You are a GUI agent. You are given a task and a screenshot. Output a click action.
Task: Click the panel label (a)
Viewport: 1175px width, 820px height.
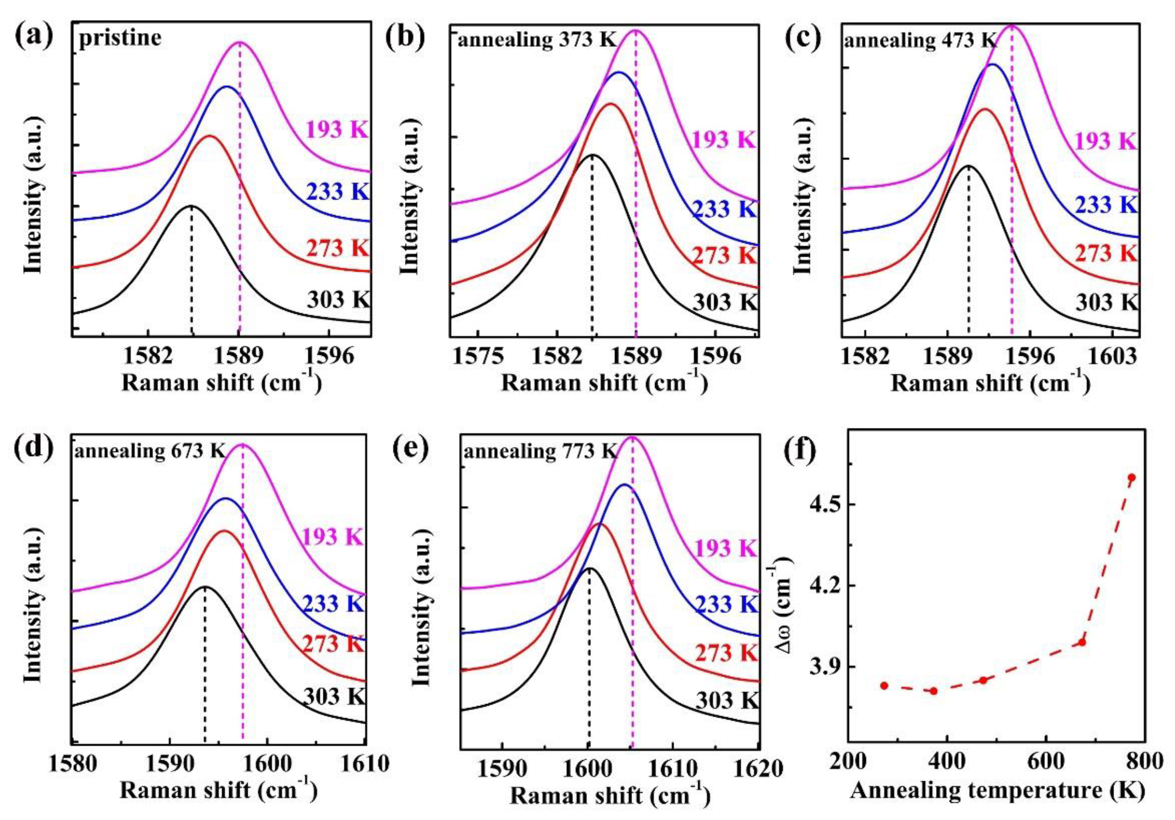[x=34, y=37]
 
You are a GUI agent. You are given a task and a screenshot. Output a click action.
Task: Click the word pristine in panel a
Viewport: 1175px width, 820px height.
[x=120, y=38]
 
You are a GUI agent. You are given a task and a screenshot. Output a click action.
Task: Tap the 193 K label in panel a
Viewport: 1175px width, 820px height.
[x=337, y=129]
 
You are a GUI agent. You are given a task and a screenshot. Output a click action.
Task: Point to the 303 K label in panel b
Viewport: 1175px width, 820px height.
[x=724, y=302]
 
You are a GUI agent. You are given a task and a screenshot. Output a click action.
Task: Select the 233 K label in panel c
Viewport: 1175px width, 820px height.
[x=1105, y=205]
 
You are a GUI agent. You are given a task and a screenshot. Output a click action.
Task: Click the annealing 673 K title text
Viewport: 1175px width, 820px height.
[x=150, y=451]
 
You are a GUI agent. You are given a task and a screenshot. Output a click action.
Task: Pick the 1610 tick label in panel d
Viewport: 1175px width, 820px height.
[x=364, y=764]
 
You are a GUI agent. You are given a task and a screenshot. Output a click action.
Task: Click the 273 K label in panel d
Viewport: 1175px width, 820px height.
[x=333, y=644]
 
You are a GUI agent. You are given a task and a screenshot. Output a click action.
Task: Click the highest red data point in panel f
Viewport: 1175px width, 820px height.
[x=1132, y=478]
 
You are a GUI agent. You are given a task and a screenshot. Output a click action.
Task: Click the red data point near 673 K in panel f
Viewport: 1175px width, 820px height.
[x=1082, y=642]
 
